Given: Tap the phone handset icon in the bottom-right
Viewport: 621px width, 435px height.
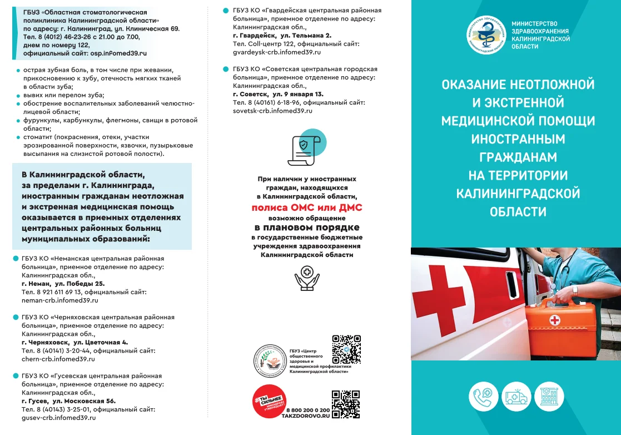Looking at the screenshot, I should pos(484,397).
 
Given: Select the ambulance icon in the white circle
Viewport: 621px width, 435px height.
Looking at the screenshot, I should pos(516,397).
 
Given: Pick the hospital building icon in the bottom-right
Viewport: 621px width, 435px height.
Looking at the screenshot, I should pos(549,397).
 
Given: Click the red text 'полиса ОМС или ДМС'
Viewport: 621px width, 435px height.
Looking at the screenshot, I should pos(306,207).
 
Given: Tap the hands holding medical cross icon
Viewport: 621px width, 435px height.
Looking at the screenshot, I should pos(307,278).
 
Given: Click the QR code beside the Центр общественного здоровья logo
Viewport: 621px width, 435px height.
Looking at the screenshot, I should pos(346,349).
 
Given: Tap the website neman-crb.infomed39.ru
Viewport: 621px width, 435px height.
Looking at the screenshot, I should pos(59,300).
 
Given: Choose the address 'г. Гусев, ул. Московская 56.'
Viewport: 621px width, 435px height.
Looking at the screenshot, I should pos(68,401).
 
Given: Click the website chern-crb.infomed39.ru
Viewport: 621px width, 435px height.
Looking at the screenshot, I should pos(58,359).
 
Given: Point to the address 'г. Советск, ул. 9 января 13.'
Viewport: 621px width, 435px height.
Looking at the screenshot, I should pos(278,94).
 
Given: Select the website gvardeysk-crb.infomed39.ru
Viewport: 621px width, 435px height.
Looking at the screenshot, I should pos(277,52).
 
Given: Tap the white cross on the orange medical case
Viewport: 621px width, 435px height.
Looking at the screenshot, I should pos(554,320).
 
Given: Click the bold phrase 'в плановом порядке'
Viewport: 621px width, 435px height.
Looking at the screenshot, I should pos(307,228).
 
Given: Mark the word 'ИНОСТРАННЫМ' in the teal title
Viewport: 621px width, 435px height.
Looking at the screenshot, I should pos(518,139).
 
